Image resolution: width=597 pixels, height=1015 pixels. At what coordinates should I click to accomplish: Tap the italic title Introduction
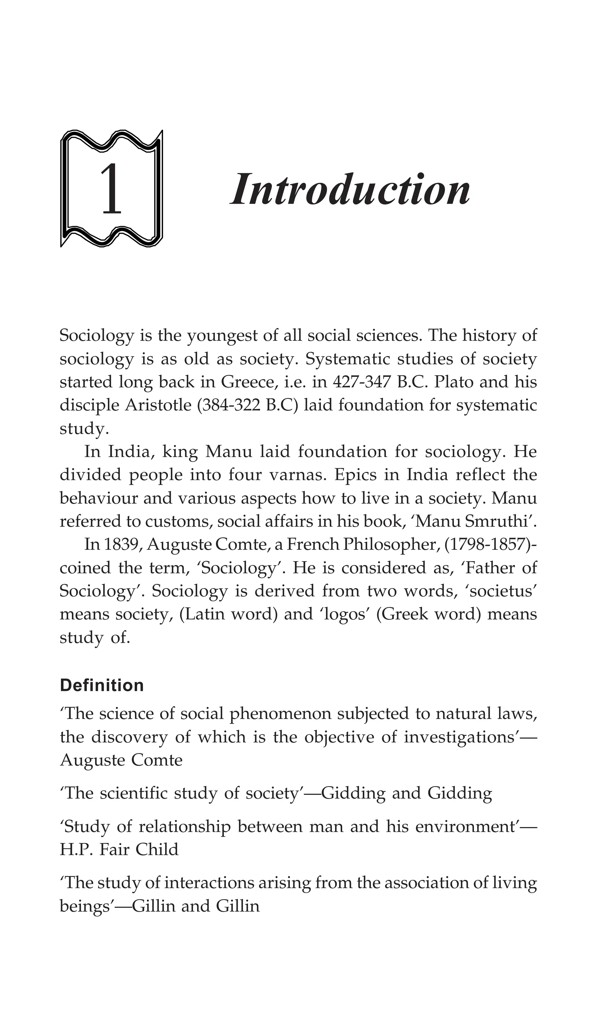[x=350, y=189]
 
